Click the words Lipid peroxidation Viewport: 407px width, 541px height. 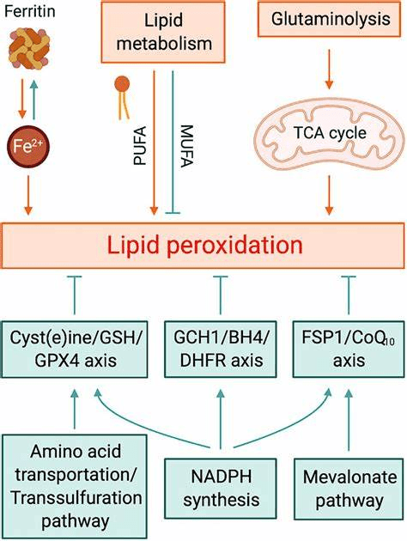(203, 246)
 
